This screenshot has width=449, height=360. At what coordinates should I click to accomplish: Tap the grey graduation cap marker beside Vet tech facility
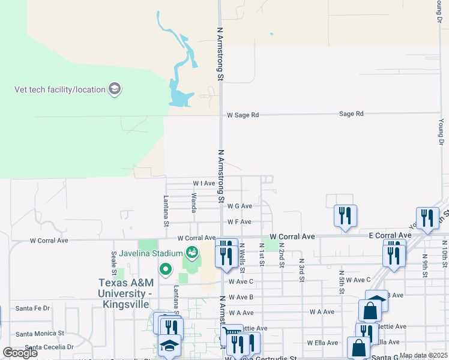pos(115,90)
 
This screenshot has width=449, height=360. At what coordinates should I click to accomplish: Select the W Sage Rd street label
pos(243,115)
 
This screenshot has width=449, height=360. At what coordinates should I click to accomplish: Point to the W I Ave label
pos(203,183)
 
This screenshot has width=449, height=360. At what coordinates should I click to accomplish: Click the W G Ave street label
pos(240,206)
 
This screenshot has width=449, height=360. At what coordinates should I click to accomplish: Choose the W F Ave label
pos(239,222)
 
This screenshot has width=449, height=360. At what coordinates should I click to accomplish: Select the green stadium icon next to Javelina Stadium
pos(192,251)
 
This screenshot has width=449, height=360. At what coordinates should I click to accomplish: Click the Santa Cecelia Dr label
pos(44,347)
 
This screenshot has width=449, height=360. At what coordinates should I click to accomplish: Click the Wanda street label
pos(194,203)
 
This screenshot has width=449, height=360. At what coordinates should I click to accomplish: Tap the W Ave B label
pos(240,297)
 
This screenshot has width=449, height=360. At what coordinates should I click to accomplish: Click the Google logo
pos(20,353)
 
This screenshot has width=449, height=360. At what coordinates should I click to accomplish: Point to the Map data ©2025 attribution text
pos(423,355)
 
